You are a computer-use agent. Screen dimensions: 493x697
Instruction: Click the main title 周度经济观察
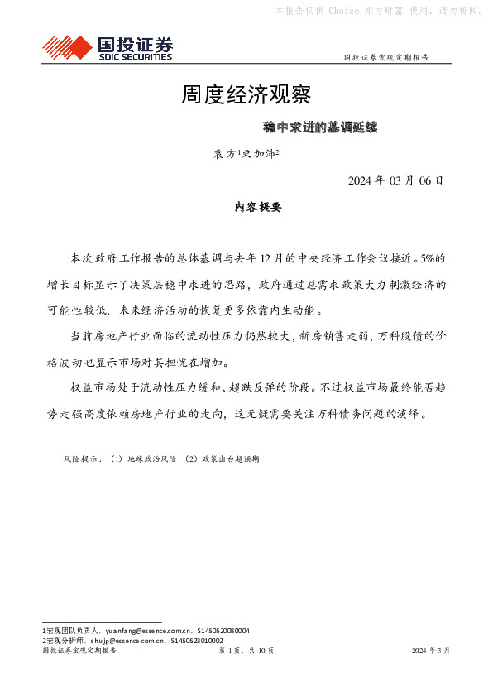pos(246,95)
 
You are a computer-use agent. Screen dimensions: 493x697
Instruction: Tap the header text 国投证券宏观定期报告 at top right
pos(385,58)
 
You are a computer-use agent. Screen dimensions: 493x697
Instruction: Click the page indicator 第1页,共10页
pos(246,651)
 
